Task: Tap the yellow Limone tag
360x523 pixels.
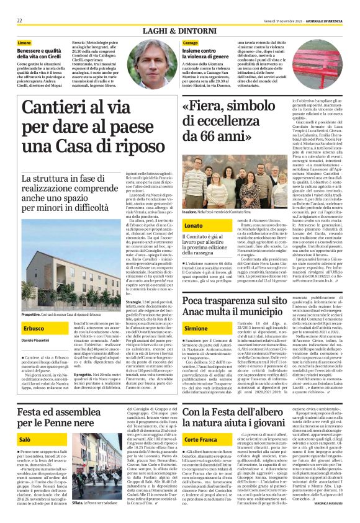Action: (25, 42)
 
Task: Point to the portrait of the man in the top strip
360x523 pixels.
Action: (161, 61)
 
